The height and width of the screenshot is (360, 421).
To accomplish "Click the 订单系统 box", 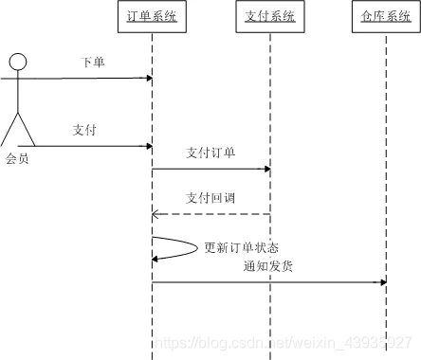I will (152, 16).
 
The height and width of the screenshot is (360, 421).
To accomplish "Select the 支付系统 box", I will (269, 16).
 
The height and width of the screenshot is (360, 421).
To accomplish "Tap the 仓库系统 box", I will (385, 16).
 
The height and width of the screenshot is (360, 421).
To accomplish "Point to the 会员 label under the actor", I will (17, 159).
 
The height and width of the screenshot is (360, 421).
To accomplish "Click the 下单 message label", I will (93, 63).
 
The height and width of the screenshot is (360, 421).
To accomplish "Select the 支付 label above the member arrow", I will (84, 130).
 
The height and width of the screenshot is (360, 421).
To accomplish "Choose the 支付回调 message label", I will (210, 198).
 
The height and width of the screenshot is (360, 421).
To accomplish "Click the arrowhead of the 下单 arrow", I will (148, 78).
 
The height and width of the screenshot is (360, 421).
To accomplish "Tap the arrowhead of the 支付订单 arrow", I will (266, 170).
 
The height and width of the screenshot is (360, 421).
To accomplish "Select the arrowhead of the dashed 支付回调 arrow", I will (156, 215).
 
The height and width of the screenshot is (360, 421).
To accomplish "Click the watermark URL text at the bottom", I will (284, 339).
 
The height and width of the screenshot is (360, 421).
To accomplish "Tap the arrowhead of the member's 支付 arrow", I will (148, 146).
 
